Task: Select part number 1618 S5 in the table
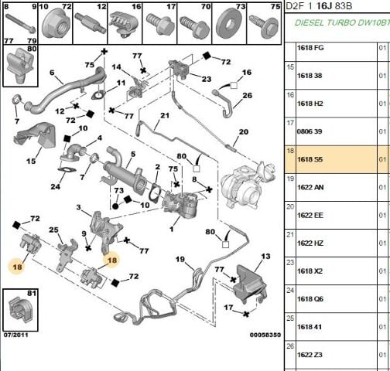pyautogui.click(x=310, y=159)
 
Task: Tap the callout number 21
pyautogui.click(x=165, y=115)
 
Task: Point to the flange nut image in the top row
pyautogui.click(x=56, y=25)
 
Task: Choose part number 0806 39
pyautogui.click(x=310, y=131)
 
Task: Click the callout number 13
pyautogui.click(x=265, y=257)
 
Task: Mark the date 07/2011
pyautogui.click(x=15, y=335)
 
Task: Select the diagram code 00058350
pyautogui.click(x=265, y=335)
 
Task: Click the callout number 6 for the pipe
pyautogui.click(x=52, y=73)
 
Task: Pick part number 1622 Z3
pyautogui.click(x=310, y=355)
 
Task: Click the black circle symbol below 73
pyautogui.click(x=115, y=206)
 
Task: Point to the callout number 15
pyautogui.click(x=31, y=162)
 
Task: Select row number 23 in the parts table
pyautogui.click(x=290, y=262)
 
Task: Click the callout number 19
pyautogui.click(x=180, y=259)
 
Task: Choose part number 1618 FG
pyautogui.click(x=310, y=48)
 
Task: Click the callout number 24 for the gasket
pyautogui.click(x=55, y=186)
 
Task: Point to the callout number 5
pyautogui.click(x=133, y=154)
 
